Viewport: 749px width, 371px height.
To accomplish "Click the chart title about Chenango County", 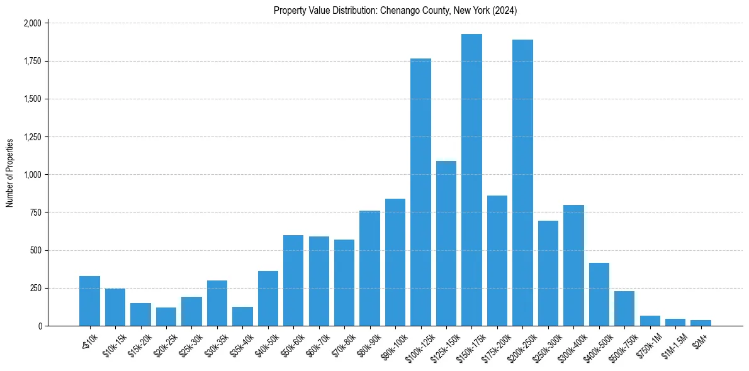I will coord(395,10).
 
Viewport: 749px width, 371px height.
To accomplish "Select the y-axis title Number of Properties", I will coord(10,173).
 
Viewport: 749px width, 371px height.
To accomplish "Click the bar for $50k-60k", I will coord(293,280).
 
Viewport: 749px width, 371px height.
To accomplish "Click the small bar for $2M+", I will coord(701,323).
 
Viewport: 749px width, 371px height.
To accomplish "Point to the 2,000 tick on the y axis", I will coord(32,23).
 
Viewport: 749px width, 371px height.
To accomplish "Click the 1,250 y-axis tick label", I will coord(32,137).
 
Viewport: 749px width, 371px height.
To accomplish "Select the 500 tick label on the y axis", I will coord(36,250).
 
